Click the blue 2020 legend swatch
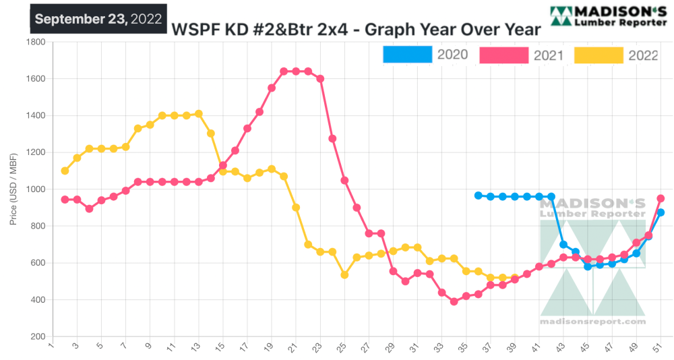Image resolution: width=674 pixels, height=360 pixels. point(407,55)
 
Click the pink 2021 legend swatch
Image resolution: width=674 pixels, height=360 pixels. point(503,55)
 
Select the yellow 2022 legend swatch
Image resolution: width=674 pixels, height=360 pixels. point(599,55)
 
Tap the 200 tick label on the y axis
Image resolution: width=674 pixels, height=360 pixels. point(38,336)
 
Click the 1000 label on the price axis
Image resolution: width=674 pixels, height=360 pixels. point(35,189)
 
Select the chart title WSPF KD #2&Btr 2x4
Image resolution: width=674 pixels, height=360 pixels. point(356,30)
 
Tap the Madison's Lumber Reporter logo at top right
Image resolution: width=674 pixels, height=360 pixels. point(608,16)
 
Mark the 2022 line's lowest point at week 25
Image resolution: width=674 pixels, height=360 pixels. point(344,274)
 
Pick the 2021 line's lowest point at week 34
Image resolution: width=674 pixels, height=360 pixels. point(454,301)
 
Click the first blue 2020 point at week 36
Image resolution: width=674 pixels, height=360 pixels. point(479,196)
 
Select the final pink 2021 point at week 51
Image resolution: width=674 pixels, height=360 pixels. point(661,198)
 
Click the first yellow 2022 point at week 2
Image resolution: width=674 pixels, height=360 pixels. point(65,171)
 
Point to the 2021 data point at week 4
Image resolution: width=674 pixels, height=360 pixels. point(89,208)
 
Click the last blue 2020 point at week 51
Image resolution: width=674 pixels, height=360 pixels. point(661,212)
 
